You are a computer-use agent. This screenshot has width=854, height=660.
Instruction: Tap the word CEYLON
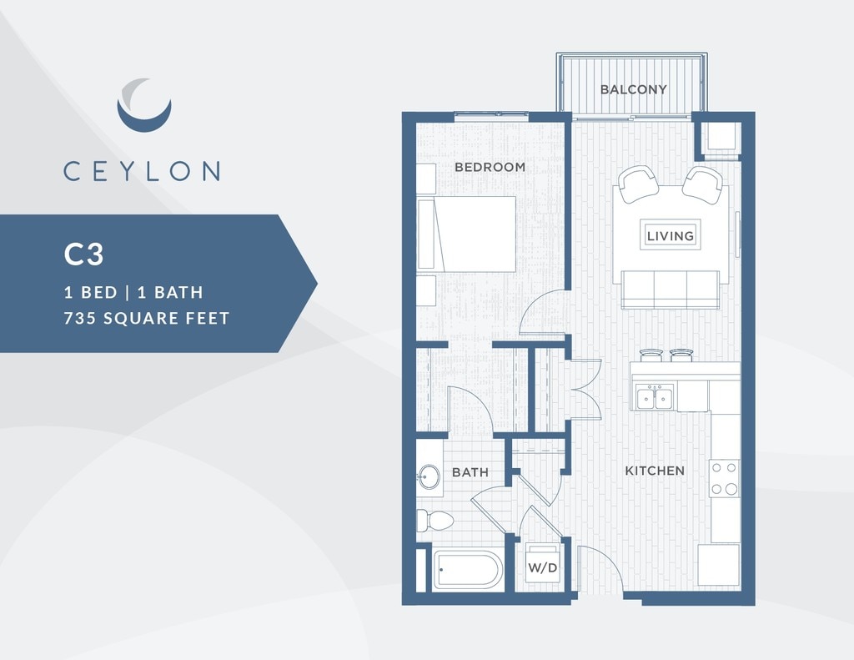142,171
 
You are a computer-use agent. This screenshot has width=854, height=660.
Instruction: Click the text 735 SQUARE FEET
147,318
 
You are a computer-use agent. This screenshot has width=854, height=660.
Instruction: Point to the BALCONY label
634,89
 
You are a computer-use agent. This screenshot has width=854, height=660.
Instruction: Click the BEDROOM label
490,167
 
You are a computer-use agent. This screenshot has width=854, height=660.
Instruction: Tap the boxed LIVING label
671,235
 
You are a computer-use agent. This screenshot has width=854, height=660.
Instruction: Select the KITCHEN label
655,471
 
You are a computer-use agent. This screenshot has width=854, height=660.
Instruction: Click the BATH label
470,472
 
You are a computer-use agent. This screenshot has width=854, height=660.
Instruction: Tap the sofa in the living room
670,290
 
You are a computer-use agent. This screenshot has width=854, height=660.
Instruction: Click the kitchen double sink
655,398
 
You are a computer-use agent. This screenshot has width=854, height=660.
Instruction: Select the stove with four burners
724,478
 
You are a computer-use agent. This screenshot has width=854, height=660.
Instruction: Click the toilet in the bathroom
435,521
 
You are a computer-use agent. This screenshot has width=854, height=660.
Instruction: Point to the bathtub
468,571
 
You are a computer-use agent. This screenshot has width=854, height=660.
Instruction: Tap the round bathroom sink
430,478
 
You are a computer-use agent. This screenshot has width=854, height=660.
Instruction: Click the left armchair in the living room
638,184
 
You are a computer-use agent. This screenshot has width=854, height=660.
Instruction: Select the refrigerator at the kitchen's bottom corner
718,566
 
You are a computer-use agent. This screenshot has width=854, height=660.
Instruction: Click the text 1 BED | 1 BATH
133,292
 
